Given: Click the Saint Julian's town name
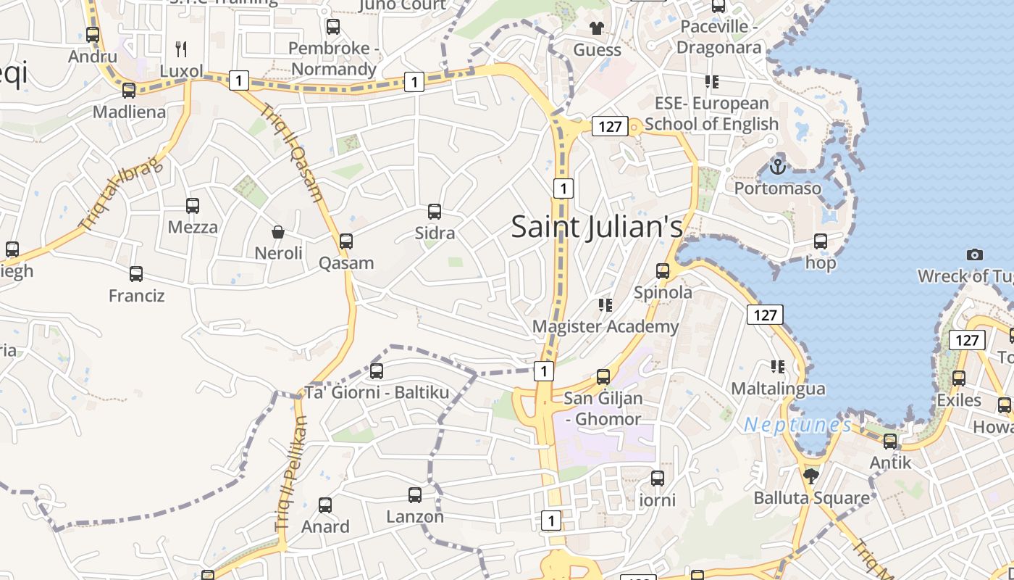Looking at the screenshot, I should click(x=597, y=227).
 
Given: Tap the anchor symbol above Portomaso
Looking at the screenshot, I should click(x=777, y=167).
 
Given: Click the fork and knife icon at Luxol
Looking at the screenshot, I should click(x=181, y=49).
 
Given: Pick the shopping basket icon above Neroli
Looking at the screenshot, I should click(x=278, y=232).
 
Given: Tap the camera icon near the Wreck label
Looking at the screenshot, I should click(x=975, y=254).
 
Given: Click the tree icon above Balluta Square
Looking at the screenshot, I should click(x=810, y=476).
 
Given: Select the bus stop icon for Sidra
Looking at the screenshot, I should click(x=435, y=212).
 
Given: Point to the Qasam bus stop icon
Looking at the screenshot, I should click(x=346, y=241).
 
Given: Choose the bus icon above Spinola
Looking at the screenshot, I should click(x=663, y=271).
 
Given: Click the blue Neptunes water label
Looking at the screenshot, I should click(x=797, y=425).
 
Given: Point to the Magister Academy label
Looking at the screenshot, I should click(x=606, y=326).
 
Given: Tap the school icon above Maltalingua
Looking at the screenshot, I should click(x=778, y=367).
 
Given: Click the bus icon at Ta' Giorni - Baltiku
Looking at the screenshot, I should click(x=377, y=371).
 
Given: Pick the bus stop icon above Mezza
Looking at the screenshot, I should click(x=193, y=206).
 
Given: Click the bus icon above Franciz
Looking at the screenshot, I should click(x=136, y=274).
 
